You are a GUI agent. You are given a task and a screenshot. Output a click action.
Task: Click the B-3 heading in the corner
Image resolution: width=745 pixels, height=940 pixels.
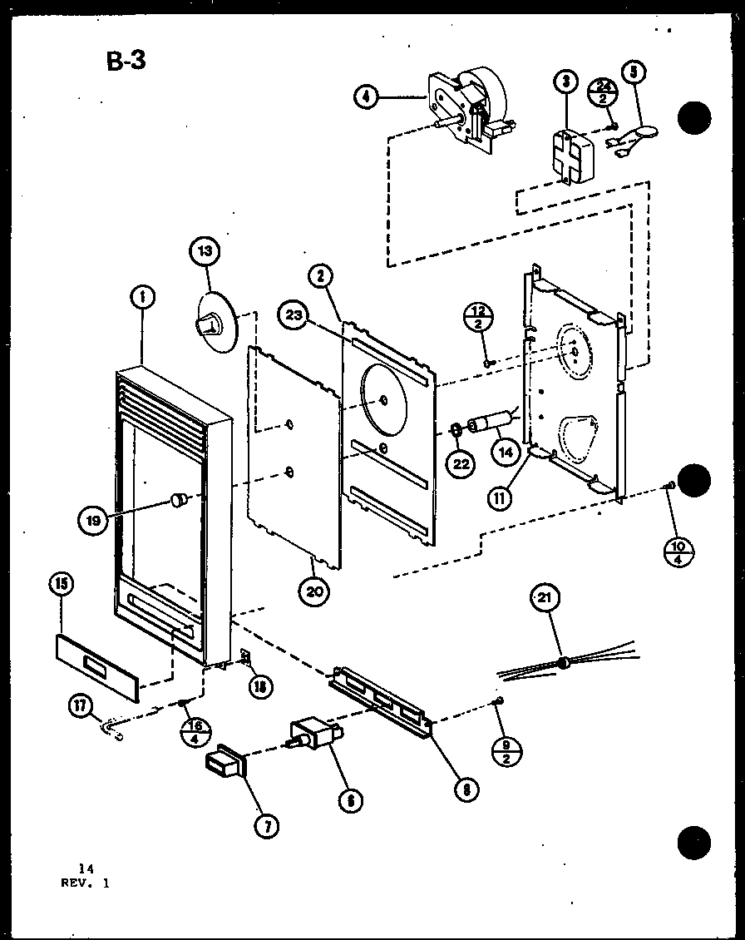click(126, 61)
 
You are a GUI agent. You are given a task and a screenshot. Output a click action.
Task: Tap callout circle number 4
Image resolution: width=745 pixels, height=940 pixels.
click(365, 96)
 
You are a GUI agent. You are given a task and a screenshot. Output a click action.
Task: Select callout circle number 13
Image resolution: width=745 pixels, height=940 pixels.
click(204, 250)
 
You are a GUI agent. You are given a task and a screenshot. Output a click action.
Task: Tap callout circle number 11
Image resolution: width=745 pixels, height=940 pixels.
click(501, 499)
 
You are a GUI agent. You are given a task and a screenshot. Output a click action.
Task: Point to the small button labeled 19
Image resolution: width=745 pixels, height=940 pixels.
click(176, 499)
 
